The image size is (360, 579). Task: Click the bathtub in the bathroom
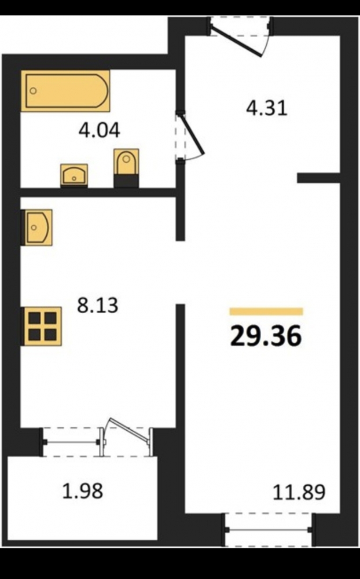tap(65, 91)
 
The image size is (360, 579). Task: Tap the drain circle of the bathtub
tap(33, 91)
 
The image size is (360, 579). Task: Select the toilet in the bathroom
tap(126, 168)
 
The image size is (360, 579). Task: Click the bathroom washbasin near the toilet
tap(74, 175)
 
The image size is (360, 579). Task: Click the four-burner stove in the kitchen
tap(41, 326)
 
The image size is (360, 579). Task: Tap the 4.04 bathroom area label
tap(100, 131)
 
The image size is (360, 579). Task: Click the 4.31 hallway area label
tap(267, 109)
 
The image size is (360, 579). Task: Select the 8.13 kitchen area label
tap(97, 305)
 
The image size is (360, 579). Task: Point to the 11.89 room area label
tap(299, 492)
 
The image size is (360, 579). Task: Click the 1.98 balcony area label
tap(82, 492)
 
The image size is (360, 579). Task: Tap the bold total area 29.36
tap(266, 336)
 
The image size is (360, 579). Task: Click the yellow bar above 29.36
tap(266, 312)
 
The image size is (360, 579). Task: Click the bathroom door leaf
tap(192, 133)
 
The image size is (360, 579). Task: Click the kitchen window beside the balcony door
tap(71, 442)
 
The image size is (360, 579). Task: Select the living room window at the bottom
tap(269, 530)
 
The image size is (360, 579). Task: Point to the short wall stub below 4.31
tap(318, 178)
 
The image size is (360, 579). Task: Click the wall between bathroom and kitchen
tap(98, 192)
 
